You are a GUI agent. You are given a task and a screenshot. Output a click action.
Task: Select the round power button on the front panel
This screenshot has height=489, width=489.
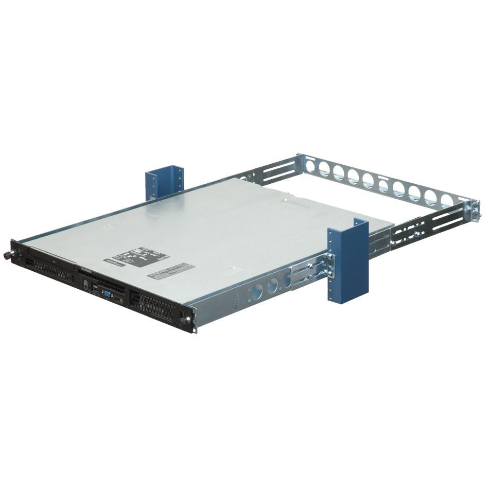coord(85,287)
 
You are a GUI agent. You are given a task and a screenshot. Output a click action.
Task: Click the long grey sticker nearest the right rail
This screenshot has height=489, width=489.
coord(171,270)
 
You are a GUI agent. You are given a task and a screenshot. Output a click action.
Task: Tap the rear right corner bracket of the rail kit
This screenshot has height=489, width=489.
coord(473,210)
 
